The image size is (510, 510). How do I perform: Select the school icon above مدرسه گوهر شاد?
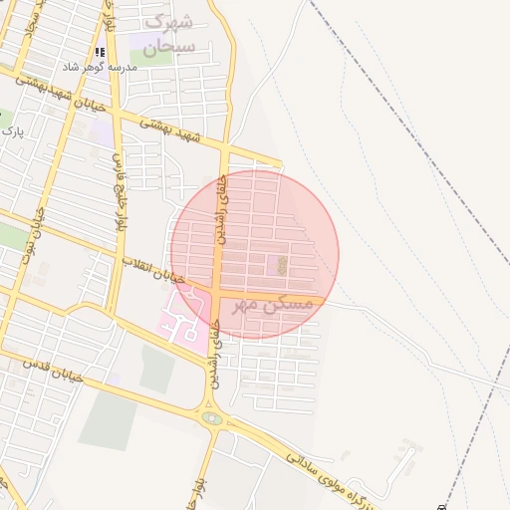pos(99,52)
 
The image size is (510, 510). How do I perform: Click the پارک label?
pos(10,130)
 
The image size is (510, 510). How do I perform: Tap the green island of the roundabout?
pos(211,418)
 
